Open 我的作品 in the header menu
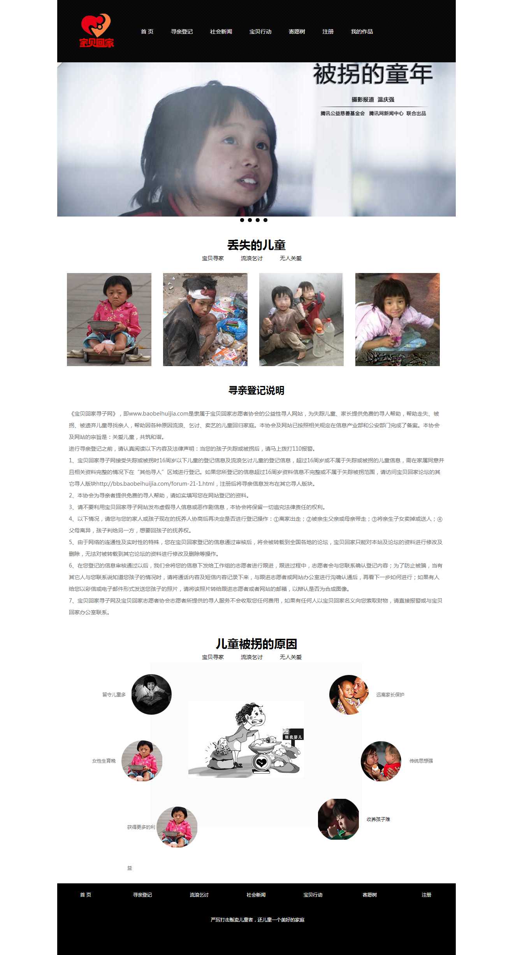(x=362, y=32)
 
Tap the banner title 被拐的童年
(x=372, y=74)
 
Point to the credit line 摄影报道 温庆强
(x=372, y=100)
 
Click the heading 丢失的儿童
(x=256, y=245)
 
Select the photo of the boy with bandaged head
(x=205, y=319)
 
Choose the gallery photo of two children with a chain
(x=301, y=319)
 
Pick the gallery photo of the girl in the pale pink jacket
(x=397, y=319)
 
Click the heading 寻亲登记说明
(x=256, y=390)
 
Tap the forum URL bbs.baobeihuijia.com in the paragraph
(x=155, y=484)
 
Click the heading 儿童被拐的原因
(x=256, y=644)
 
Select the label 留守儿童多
(x=114, y=694)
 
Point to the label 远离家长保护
(x=390, y=694)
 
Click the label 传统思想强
(x=421, y=761)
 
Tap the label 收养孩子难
(x=378, y=819)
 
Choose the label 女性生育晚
(x=104, y=761)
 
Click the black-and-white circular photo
(x=151, y=694)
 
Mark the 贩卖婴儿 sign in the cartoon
(x=293, y=737)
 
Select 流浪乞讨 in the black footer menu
(x=199, y=895)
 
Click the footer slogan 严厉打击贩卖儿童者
(x=257, y=920)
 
